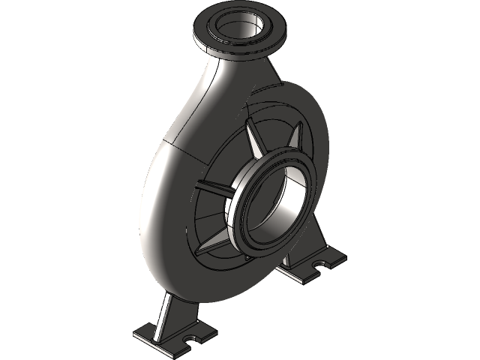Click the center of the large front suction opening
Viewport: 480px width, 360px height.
pyautogui.click(x=277, y=202)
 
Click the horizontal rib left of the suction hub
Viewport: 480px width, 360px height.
pyautogui.click(x=214, y=186)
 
